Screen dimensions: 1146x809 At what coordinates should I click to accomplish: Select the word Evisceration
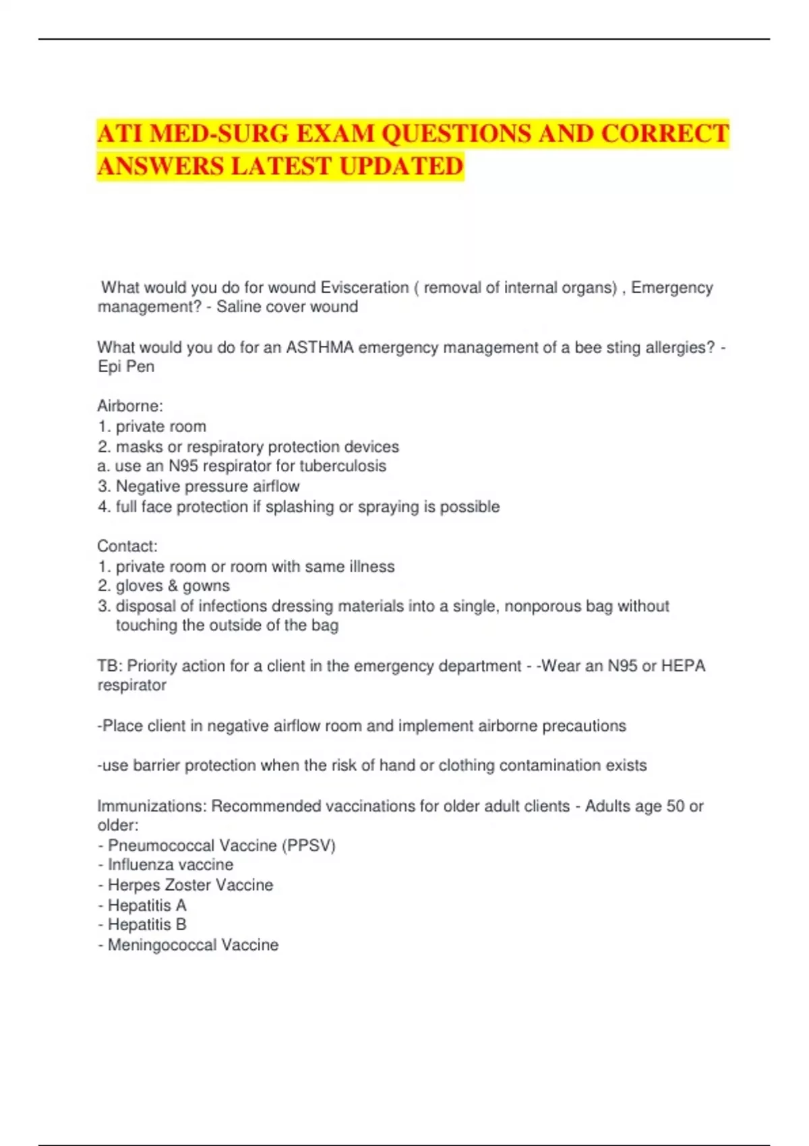coord(365,288)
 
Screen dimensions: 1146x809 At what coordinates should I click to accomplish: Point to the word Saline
coord(239,307)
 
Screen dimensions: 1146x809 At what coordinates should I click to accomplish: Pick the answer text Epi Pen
coord(126,367)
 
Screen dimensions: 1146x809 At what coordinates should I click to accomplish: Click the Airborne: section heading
coord(130,406)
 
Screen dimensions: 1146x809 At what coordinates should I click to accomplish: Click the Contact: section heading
coord(127,546)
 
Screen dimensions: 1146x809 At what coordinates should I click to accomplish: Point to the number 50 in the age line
coord(675,806)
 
